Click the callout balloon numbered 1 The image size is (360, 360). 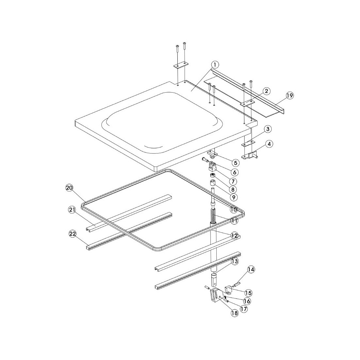pyautogui.click(x=215, y=65)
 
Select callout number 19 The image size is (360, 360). pyautogui.click(x=290, y=95)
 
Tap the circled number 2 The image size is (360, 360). pyautogui.click(x=266, y=91)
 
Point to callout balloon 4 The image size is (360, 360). pyautogui.click(x=269, y=144)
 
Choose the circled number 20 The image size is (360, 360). pyautogui.click(x=69, y=188)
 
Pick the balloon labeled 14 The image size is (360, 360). pyautogui.click(x=251, y=270)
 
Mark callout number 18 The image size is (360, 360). pyautogui.click(x=234, y=314)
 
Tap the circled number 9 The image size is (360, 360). pyautogui.click(x=234, y=197)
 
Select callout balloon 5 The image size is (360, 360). pyautogui.click(x=235, y=163)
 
